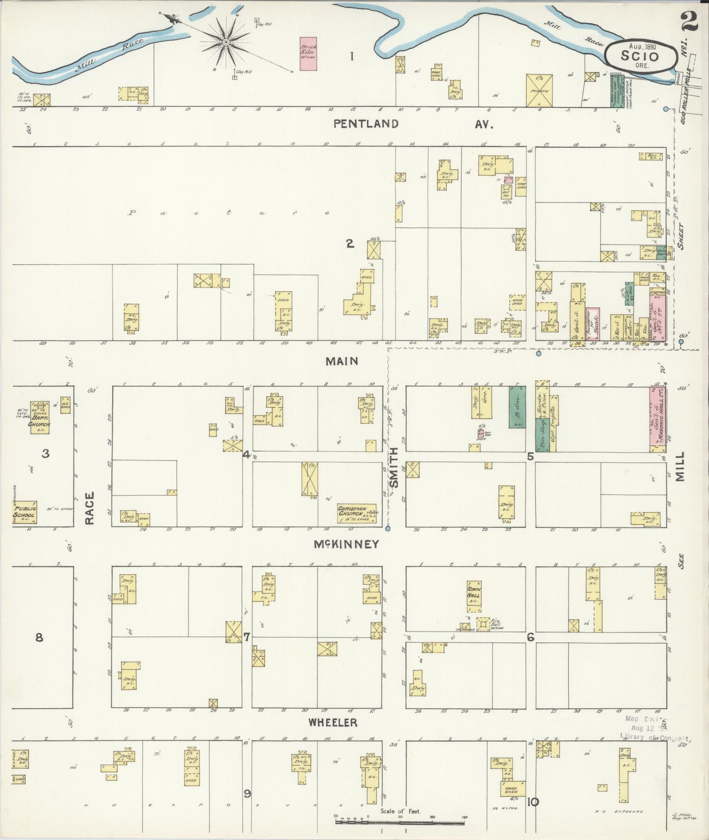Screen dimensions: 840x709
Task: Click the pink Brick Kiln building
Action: [308, 54]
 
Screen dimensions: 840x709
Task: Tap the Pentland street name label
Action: [366, 124]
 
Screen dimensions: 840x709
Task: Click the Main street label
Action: [342, 361]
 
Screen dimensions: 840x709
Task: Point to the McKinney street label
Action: [347, 544]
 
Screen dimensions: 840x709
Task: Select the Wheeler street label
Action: [333, 722]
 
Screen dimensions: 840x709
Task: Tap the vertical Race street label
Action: [89, 509]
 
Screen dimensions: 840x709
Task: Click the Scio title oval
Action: [640, 55]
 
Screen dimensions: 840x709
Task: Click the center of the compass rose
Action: [226, 43]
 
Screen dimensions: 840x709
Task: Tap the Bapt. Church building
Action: [39, 418]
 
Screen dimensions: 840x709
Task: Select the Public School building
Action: [25, 512]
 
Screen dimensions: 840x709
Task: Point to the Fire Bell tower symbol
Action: [483, 624]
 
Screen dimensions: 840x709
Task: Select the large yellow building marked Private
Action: [539, 91]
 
